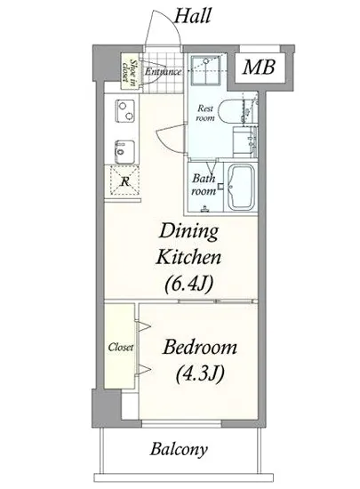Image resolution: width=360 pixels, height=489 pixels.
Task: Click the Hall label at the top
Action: (192, 16)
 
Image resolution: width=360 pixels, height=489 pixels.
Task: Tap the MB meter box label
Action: (259, 67)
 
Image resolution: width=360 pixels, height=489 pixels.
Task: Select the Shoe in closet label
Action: (130, 71)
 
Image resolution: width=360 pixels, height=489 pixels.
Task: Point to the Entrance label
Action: (163, 72)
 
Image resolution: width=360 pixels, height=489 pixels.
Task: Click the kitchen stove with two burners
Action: (125, 111)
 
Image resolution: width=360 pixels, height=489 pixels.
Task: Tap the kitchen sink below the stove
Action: (124, 152)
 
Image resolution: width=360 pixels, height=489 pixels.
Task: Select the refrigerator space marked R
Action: (124, 180)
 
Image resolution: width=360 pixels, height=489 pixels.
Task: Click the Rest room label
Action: (204, 113)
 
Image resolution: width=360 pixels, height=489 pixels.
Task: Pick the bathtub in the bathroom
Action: (242, 188)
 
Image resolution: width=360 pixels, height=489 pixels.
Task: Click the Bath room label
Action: (204, 185)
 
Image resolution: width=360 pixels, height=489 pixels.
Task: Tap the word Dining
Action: (189, 233)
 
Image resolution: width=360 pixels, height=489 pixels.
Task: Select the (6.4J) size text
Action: (189, 285)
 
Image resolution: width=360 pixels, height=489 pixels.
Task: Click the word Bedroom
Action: (199, 348)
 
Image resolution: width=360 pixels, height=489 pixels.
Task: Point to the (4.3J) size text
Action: (200, 373)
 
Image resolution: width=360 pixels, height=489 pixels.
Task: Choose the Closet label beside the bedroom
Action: (121, 347)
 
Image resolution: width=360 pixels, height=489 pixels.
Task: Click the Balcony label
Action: (179, 450)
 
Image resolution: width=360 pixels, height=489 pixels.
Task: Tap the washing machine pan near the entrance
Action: (205, 70)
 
